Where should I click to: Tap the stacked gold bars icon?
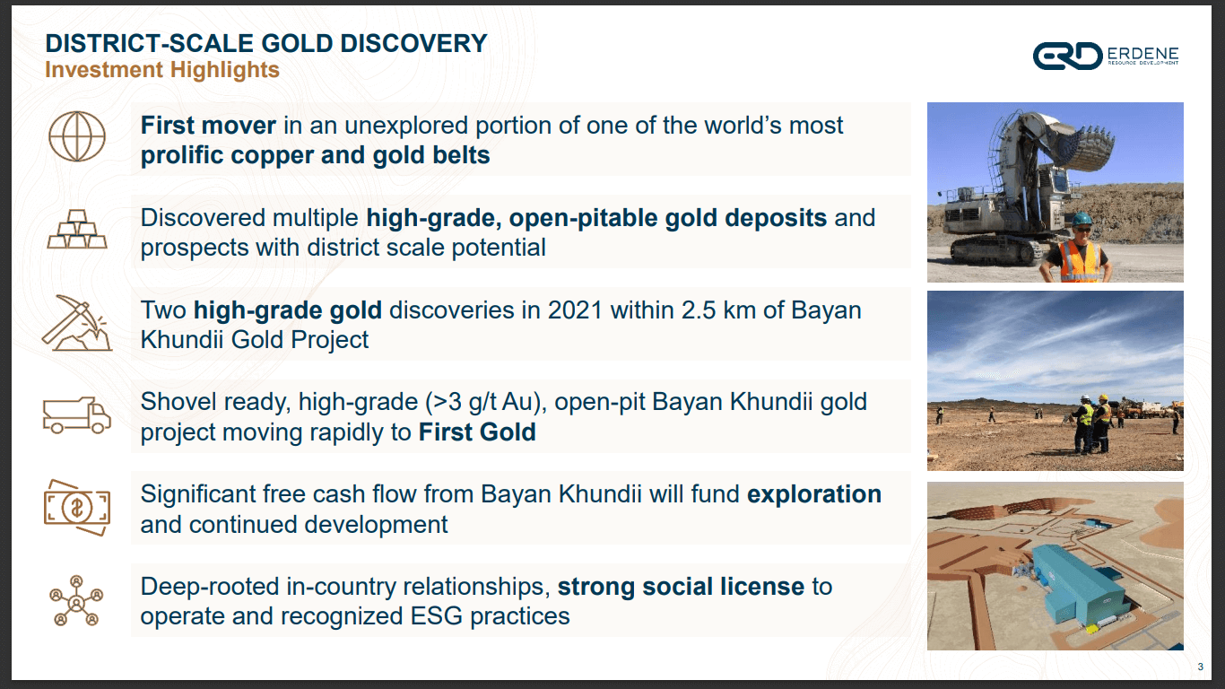point(77,231)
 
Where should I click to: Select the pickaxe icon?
point(77,323)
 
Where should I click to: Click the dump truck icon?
point(77,415)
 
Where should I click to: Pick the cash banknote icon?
point(77,507)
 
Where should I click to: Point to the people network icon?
point(77,599)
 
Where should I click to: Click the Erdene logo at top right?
point(1105,57)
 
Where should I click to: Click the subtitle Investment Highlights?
point(162,70)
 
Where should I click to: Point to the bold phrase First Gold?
point(477,432)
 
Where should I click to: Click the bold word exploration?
point(814,494)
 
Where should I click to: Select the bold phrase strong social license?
point(681,587)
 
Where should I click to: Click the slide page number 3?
point(1200,666)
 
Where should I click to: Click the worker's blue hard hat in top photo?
point(1081,219)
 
